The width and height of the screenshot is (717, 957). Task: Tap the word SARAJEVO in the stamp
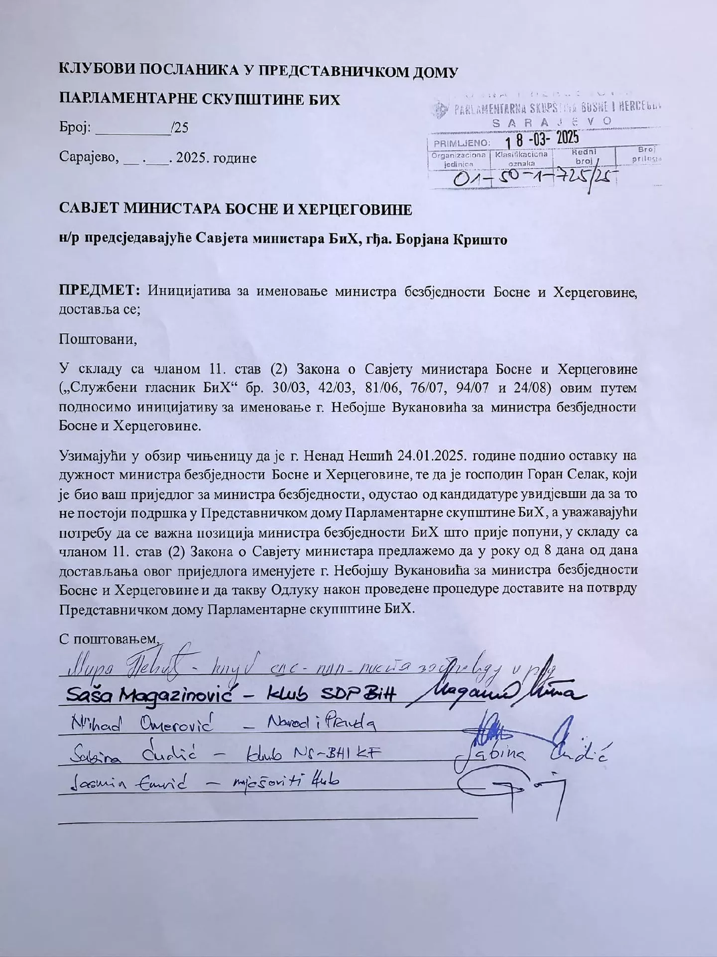(552, 121)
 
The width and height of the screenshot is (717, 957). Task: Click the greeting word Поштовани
(98, 340)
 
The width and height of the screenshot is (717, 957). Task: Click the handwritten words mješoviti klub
(283, 781)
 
